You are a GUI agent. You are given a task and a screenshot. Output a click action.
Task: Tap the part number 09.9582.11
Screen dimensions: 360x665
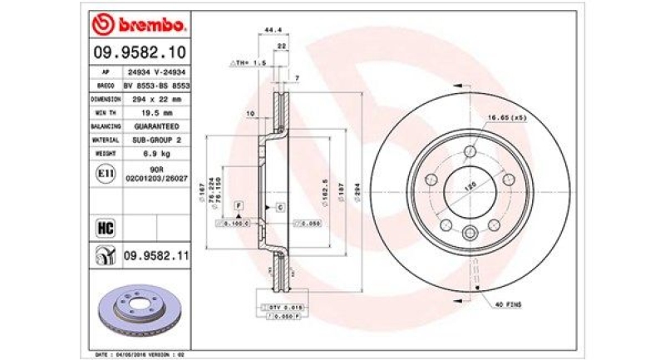[155, 255]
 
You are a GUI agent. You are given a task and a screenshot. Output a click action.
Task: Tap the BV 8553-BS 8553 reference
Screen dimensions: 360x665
[157, 85]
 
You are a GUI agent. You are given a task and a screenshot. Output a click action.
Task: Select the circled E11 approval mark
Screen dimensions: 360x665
[106, 173]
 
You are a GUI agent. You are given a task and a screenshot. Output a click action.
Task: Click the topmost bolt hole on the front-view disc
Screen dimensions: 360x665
[470, 150]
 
